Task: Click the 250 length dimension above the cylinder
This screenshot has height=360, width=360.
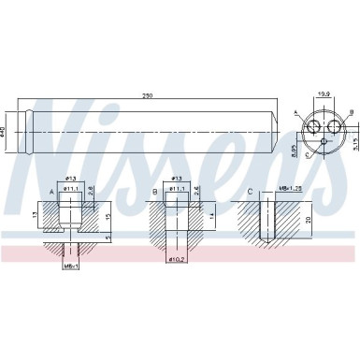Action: coord(146,96)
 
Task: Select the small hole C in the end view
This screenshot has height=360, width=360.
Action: coord(323,143)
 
